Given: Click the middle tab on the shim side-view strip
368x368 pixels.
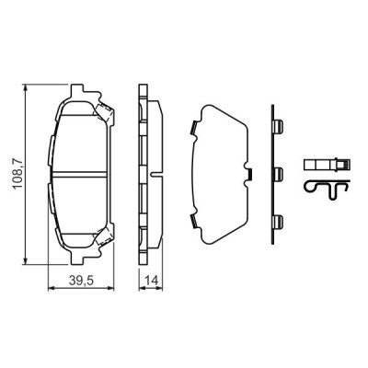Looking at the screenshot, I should (277, 172).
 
